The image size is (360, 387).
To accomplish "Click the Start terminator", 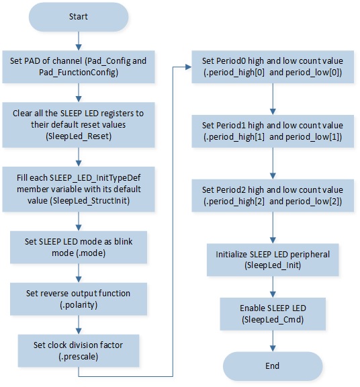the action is (79, 17).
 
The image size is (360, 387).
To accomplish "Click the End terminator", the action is (273, 366).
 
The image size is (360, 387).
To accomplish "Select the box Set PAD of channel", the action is (79, 67).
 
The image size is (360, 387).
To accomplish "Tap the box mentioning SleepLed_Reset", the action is (79, 125).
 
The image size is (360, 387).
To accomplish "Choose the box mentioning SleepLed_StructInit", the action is (79, 189).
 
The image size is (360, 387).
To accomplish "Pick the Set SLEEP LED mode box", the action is (79, 247).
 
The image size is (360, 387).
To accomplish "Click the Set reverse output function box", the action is (79, 299).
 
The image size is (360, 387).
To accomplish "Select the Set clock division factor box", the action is (79, 351).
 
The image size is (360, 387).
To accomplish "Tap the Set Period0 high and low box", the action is (273, 67).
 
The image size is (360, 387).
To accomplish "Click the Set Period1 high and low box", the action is (273, 131).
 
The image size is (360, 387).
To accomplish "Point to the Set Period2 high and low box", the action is (273, 196).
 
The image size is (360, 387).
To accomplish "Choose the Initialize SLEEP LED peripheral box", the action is (273, 260).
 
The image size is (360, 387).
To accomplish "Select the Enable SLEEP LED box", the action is (273, 314).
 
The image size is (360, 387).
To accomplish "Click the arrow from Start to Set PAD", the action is (79, 41).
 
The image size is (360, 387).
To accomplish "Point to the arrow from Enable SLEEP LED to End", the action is (273, 341).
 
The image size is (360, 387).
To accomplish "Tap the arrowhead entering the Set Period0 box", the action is (189, 67).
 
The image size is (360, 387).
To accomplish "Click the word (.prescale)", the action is (79, 357).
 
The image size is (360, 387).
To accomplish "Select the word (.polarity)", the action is (79, 305).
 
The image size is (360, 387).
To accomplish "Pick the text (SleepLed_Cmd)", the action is (273, 320).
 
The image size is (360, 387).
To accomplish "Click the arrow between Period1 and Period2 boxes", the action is (273, 164).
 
